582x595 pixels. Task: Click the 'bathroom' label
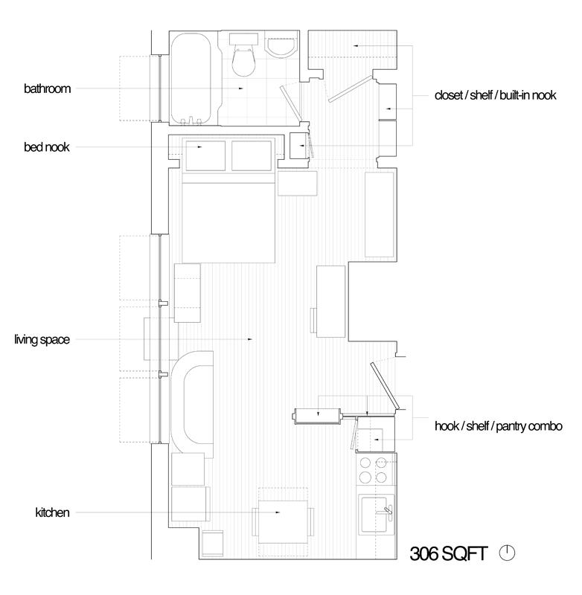[x=47, y=89]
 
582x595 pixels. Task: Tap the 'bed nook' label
[x=46, y=147]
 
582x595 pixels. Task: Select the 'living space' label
[x=42, y=340]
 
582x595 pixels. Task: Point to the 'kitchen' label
[x=52, y=512]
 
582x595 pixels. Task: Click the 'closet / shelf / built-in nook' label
[x=496, y=96]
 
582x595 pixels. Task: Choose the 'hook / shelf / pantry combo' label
[x=493, y=427]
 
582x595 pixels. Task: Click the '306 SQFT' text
[x=449, y=554]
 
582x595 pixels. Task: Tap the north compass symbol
[x=508, y=553]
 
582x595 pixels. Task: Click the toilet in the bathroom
[x=242, y=58]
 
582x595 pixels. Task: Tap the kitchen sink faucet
[x=387, y=510]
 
